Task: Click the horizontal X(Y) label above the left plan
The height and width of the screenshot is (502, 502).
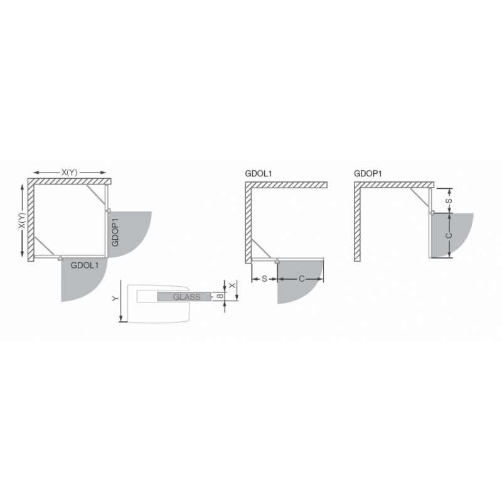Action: pyautogui.click(x=70, y=172)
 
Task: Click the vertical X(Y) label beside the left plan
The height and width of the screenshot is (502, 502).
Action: pyautogui.click(x=21, y=221)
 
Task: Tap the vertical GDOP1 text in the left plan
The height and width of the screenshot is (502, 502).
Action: pyautogui.click(x=115, y=232)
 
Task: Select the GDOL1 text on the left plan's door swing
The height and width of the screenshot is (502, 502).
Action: pyautogui.click(x=85, y=265)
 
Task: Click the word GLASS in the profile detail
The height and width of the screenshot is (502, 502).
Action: pyautogui.click(x=186, y=297)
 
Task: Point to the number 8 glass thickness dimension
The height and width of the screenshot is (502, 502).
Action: pyautogui.click(x=220, y=296)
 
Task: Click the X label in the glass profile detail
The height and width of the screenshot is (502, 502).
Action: pyautogui.click(x=233, y=285)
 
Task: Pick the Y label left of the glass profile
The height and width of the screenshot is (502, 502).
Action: pyautogui.click(x=115, y=299)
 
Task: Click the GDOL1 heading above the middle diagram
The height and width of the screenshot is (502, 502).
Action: pyautogui.click(x=259, y=174)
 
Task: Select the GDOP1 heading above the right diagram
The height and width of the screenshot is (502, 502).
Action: pyautogui.click(x=368, y=174)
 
